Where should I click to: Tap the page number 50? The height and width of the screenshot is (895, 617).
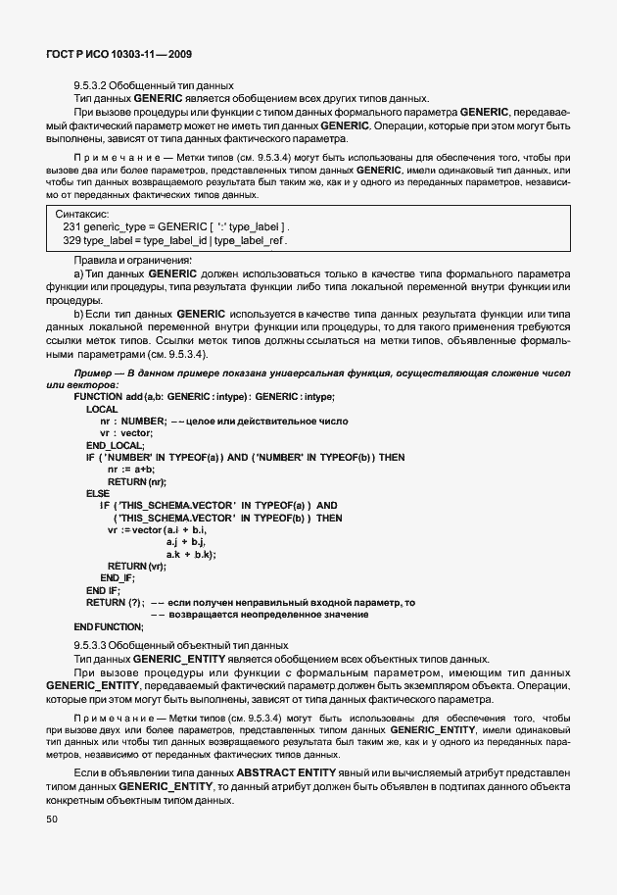pyautogui.click(x=52, y=819)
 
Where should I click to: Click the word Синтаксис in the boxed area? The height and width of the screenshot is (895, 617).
pyautogui.click(x=82, y=213)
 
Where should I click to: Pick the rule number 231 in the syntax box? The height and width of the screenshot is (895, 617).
pyautogui.click(x=71, y=226)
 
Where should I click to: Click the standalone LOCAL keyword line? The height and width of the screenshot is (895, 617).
pyautogui.click(x=102, y=408)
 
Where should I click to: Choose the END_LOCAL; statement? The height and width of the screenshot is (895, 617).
pyautogui.click(x=115, y=444)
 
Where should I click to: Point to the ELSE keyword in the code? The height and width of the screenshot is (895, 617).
pyautogui.click(x=98, y=493)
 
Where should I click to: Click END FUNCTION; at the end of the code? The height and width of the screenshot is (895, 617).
pyautogui.click(x=109, y=626)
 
